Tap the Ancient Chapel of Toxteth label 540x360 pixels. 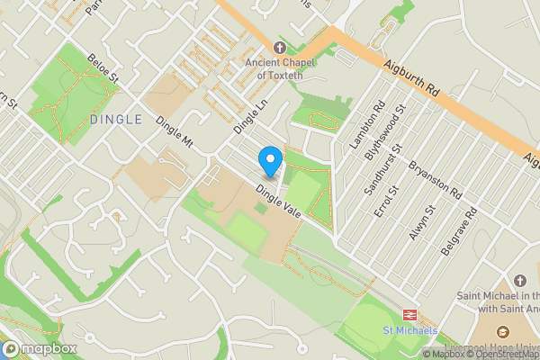[x=280, y=68]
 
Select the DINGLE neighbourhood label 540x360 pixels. [x=116, y=119]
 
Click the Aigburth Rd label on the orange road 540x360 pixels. [x=409, y=78]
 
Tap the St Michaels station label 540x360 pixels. [x=410, y=330]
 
